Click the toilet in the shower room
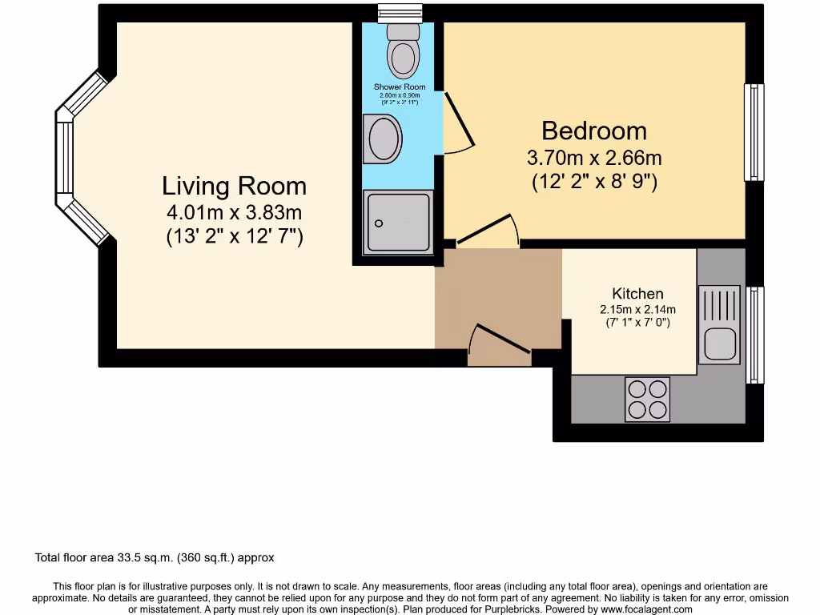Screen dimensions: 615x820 402,50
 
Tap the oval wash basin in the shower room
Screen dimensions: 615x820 384,139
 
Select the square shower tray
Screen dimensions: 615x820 398,222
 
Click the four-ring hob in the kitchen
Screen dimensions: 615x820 647,399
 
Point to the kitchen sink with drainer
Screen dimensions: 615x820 721,324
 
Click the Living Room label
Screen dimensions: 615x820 234,186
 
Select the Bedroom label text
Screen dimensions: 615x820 594,131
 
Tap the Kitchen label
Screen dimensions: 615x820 637,294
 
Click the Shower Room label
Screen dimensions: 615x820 400,86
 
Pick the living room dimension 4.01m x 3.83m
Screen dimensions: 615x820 234,213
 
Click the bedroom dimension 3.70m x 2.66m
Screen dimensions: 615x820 594,158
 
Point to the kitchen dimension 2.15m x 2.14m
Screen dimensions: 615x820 637,310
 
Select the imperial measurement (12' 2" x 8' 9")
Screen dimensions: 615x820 594,182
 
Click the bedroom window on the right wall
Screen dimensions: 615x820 754,132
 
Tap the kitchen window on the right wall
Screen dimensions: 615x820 754,335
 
